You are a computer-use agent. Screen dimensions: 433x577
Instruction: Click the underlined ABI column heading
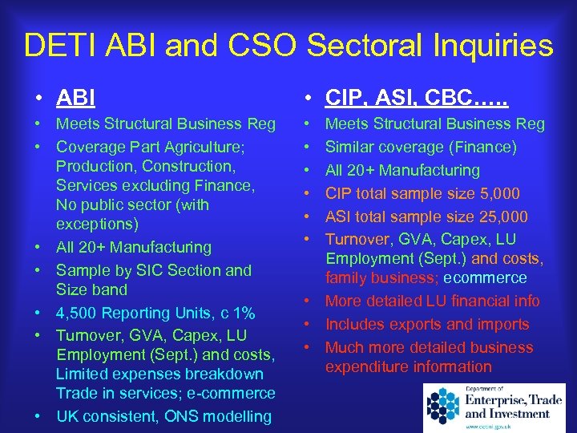[x=75, y=98]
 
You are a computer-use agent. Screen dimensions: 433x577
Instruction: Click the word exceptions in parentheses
[x=94, y=224]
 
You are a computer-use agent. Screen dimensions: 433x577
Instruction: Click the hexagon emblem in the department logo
[x=443, y=405]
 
